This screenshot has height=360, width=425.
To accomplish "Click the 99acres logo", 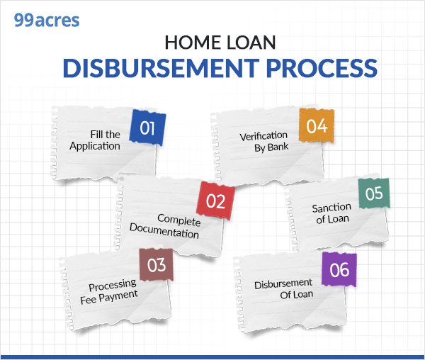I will coord(47,19).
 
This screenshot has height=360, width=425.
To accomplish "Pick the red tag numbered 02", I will coord(215,201).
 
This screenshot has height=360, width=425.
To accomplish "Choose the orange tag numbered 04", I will coord(316,126).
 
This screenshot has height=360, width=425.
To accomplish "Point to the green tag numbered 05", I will coord(373,193).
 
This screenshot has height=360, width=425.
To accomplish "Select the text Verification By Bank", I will coord(263,141).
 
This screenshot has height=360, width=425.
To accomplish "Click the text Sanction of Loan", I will coord(331,213).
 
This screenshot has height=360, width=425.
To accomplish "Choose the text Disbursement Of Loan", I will coord(283,289).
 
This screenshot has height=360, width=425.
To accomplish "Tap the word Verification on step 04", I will coord(263,135).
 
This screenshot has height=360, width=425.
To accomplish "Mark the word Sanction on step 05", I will coord(331,207).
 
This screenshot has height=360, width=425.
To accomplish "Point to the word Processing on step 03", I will coord(113,286).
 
